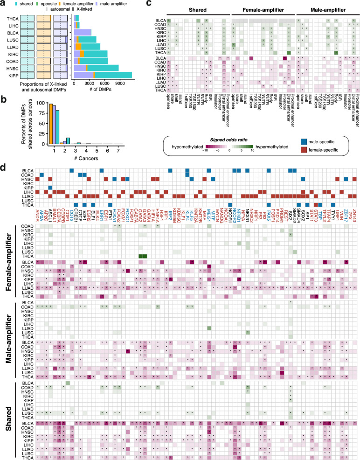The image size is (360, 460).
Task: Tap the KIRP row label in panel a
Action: pyautogui.click(x=13, y=75)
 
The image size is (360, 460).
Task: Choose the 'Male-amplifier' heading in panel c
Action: pyautogui.click(x=326, y=10)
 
